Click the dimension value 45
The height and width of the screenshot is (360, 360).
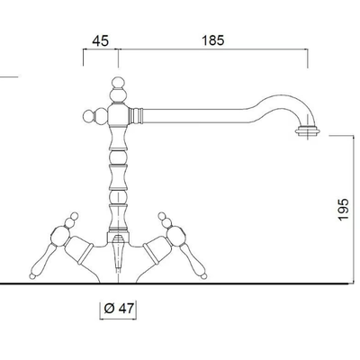(x=100, y=40)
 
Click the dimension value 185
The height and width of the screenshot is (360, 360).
(x=213, y=40)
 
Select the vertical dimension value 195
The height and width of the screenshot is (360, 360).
(x=344, y=209)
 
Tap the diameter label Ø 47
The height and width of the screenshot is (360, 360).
(x=118, y=309)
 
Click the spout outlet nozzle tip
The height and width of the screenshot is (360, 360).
(x=308, y=131)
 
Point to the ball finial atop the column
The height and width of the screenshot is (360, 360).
(x=118, y=83)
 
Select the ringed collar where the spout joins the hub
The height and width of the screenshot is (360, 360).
(x=136, y=115)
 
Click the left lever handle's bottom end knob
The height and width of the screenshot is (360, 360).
(x=32, y=275)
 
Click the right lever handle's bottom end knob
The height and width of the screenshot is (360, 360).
(x=203, y=275)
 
